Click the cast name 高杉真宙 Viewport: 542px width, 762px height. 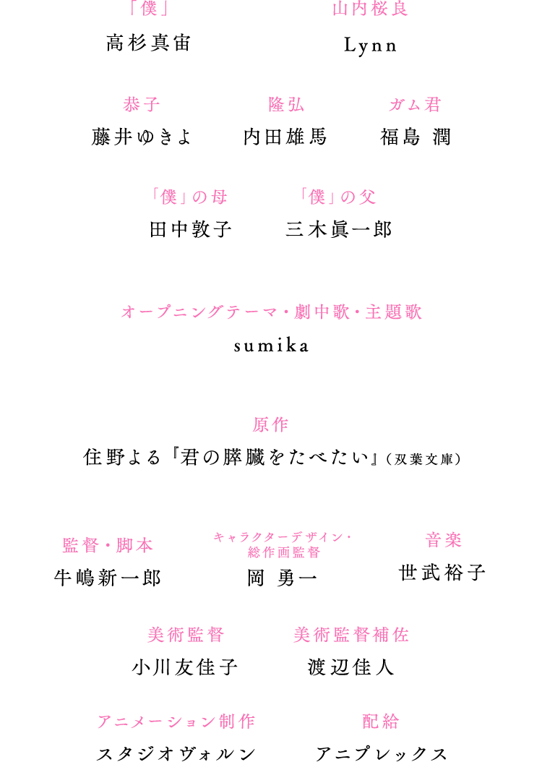[x=149, y=43]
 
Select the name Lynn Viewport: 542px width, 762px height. [x=371, y=46]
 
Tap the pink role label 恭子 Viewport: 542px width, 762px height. [x=142, y=105]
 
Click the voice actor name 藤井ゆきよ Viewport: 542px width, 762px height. [x=142, y=137]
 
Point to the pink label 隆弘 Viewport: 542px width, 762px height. [x=286, y=105]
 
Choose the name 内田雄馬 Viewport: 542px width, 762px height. [x=285, y=137]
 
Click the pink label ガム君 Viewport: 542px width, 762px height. [x=415, y=105]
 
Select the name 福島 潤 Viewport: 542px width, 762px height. [x=416, y=137]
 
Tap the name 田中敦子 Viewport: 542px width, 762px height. [x=191, y=229]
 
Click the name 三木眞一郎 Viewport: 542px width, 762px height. [x=338, y=229]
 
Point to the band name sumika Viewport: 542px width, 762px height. [x=271, y=346]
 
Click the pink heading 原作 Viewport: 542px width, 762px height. [x=270, y=424]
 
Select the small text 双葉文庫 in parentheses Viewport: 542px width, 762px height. [x=423, y=459]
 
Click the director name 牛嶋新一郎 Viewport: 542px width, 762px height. [x=108, y=578]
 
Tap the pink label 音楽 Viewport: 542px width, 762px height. [x=443, y=540]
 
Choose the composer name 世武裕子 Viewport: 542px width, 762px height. [x=442, y=573]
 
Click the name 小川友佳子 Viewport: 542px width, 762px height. [x=185, y=667]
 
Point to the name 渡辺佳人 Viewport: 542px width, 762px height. [x=350, y=667]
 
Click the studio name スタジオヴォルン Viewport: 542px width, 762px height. [x=176, y=754]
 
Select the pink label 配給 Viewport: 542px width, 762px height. [x=381, y=722]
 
